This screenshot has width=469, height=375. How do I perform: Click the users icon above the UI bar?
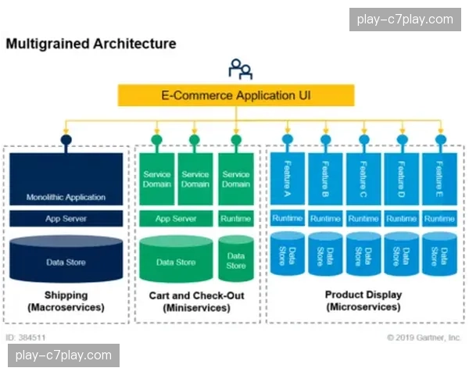tap(240, 69)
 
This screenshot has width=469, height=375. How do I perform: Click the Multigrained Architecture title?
tap(91, 44)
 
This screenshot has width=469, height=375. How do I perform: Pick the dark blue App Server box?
tap(66, 219)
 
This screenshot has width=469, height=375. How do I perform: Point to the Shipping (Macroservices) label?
tap(66, 302)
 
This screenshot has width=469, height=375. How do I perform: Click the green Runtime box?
tap(235, 219)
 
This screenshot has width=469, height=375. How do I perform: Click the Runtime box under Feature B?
tap(325, 219)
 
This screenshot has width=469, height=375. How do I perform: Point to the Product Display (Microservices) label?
tap(363, 301)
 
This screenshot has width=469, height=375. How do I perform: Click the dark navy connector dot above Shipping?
tap(66, 140)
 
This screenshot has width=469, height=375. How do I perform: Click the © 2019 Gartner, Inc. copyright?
tap(423, 337)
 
